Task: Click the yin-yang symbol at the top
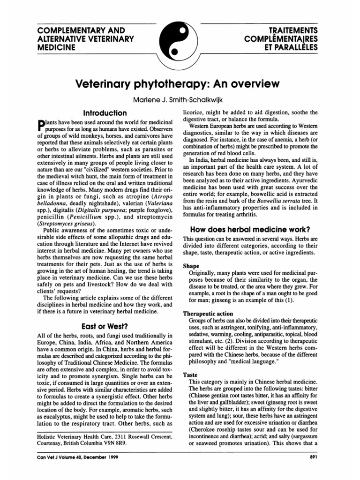tap(180, 41)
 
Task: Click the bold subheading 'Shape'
tap(191, 265)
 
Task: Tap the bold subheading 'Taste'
tap(190, 375)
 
